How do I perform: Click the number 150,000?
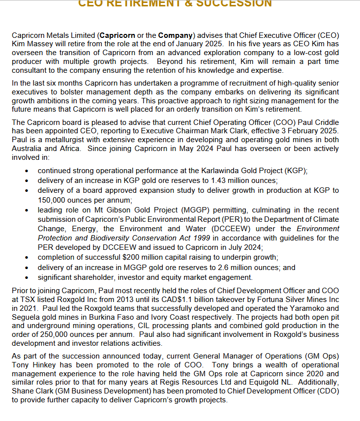click(x=54, y=200)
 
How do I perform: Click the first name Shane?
click(x=23, y=391)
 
